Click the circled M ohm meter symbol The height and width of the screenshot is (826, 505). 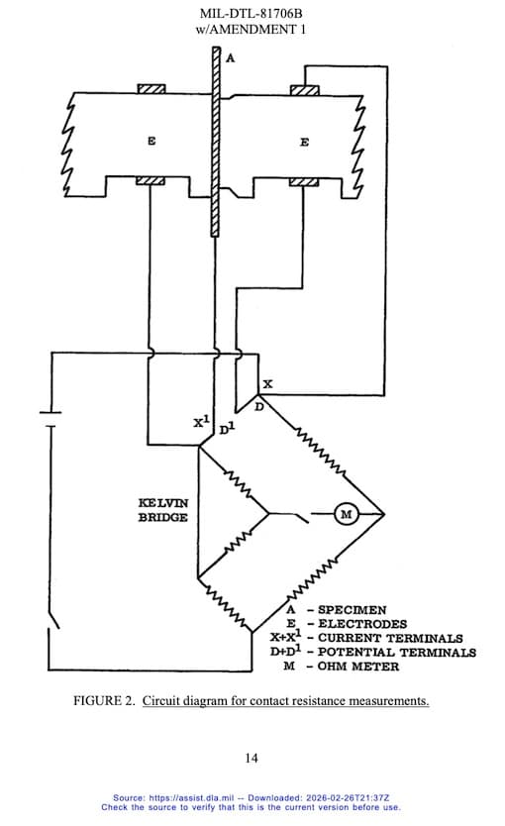point(346,514)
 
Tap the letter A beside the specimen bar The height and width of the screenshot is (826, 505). point(230,58)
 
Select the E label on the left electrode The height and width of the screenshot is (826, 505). point(151,142)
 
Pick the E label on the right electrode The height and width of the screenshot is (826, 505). point(304,143)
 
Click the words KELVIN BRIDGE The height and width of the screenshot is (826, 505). point(162,510)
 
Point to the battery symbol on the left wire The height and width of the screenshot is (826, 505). point(50,420)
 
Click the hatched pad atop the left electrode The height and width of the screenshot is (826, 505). point(151,88)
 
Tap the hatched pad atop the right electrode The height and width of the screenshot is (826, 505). point(304,90)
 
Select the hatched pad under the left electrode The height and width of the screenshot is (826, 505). point(151,181)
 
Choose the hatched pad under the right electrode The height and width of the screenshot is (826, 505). point(304,182)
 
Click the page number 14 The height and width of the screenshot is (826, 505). point(252,758)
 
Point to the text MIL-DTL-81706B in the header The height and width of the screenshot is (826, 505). point(251,13)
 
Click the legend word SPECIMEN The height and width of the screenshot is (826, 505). point(352,610)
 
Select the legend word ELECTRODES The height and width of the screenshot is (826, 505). point(362,624)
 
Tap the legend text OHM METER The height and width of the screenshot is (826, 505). point(358,667)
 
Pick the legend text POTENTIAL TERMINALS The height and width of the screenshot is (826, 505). point(396,652)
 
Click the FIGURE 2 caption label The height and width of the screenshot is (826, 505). point(104,700)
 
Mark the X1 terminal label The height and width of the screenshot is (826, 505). point(201,422)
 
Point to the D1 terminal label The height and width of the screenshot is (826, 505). point(227,429)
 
